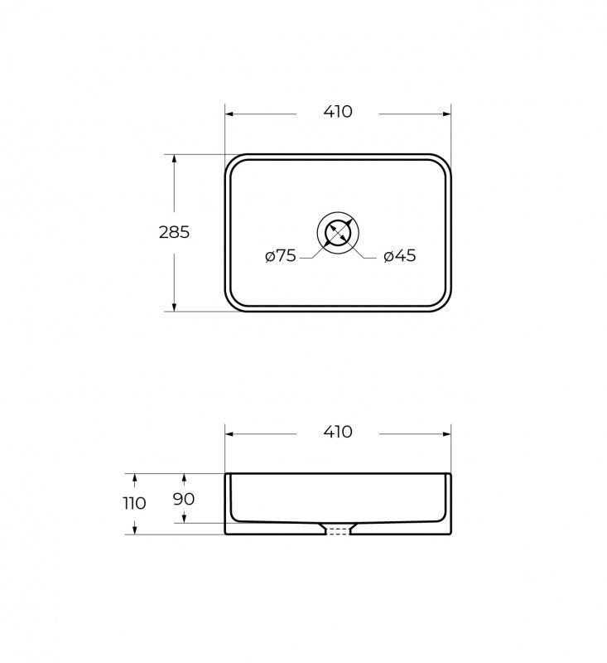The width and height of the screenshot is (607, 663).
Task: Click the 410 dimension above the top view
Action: [x=338, y=112]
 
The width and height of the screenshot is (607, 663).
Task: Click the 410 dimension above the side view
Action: [x=338, y=432]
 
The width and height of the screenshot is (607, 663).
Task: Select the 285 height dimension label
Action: [x=174, y=232]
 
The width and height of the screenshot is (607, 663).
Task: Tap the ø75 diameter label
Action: [x=281, y=256]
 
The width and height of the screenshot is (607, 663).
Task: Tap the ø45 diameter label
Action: [x=400, y=256]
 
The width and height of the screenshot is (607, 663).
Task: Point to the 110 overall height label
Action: [x=134, y=503]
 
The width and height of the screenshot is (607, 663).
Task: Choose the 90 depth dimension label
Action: [x=184, y=499]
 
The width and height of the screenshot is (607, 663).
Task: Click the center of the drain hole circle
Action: [x=338, y=233]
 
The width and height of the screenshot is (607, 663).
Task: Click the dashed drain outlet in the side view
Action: [x=338, y=531]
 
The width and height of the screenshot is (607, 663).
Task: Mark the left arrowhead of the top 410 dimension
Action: [x=229, y=114]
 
